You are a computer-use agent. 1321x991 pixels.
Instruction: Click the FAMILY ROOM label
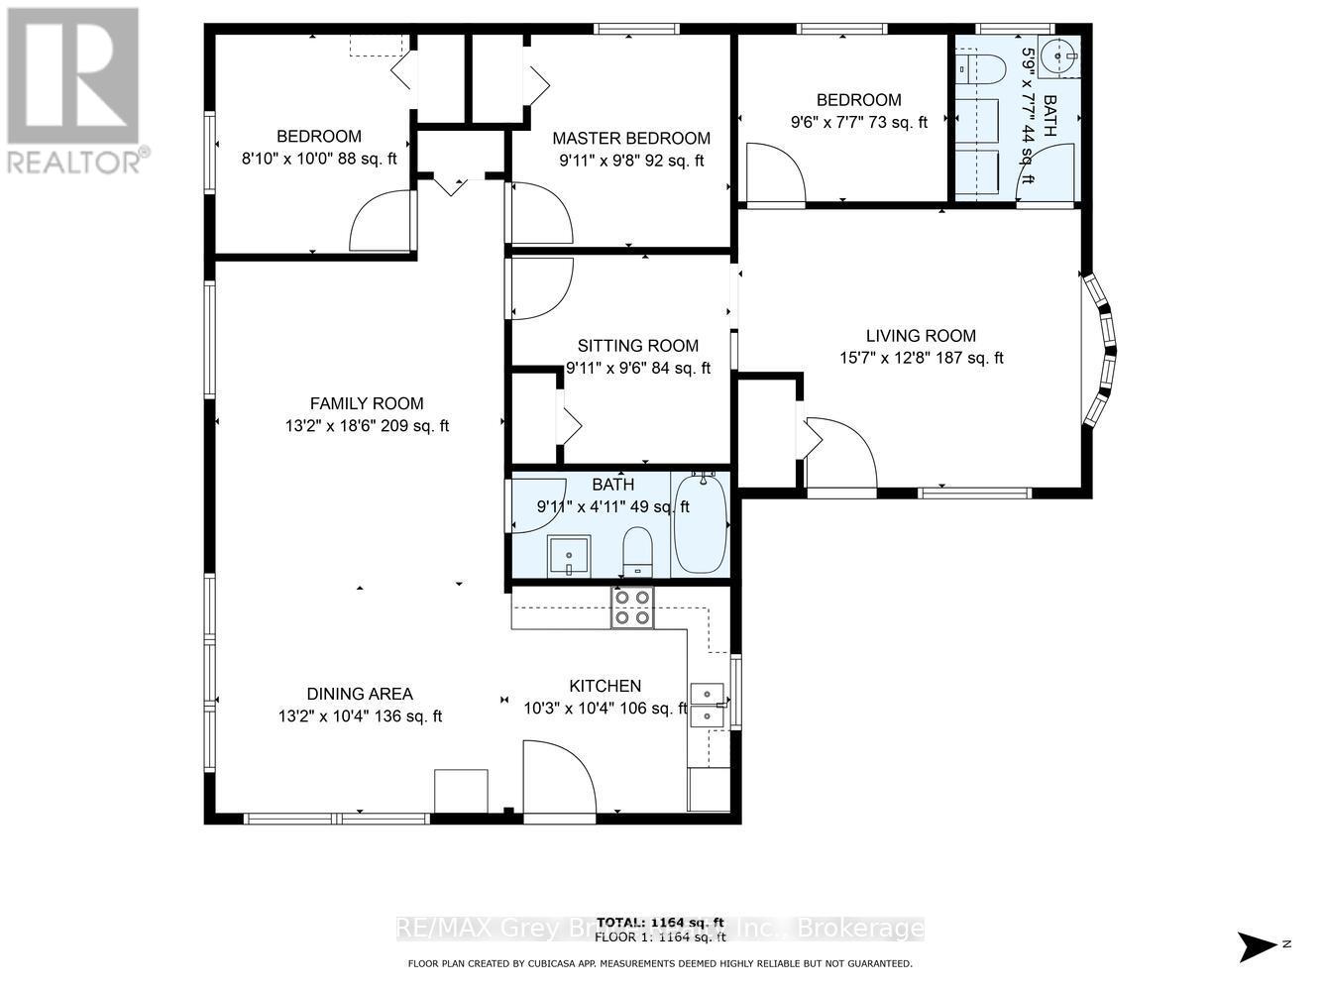(x=367, y=403)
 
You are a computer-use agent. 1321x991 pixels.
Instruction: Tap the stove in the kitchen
(x=631, y=607)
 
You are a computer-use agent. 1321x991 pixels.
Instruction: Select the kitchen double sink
(x=708, y=704)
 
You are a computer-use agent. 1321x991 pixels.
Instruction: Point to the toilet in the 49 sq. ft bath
(x=636, y=551)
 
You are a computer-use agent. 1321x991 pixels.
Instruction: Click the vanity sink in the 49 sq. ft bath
(x=569, y=555)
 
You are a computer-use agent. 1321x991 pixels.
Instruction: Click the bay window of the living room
(x=1101, y=352)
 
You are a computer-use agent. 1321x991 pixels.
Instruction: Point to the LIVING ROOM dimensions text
(x=921, y=358)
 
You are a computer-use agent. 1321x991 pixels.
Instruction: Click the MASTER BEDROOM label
(x=631, y=139)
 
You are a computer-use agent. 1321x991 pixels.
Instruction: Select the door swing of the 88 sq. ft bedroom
(x=380, y=223)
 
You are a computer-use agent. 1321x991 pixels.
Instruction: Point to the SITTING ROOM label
(x=638, y=346)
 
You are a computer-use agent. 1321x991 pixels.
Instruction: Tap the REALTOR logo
(x=74, y=89)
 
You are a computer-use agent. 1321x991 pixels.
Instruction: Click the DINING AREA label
(x=360, y=694)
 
